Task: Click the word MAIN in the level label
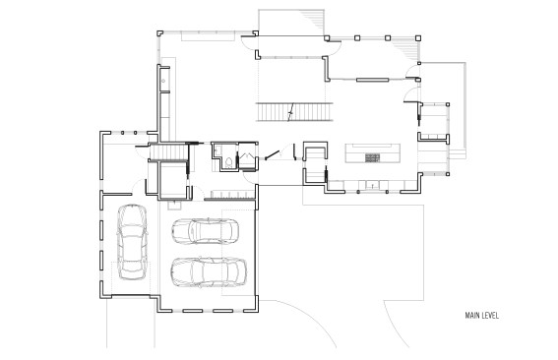point(471,316)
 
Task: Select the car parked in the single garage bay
point(132,242)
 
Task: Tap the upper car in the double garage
point(206,231)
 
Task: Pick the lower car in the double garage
point(209,272)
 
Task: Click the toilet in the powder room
point(229,162)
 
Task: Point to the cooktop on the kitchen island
point(373,157)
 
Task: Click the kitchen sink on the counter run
point(373,185)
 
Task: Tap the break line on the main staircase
point(291,112)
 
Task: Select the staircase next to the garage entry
point(168,152)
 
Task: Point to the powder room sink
point(217,150)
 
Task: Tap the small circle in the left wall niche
point(163,81)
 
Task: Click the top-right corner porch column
point(418,37)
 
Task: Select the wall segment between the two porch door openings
point(372,80)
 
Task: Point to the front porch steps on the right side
point(457,153)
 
